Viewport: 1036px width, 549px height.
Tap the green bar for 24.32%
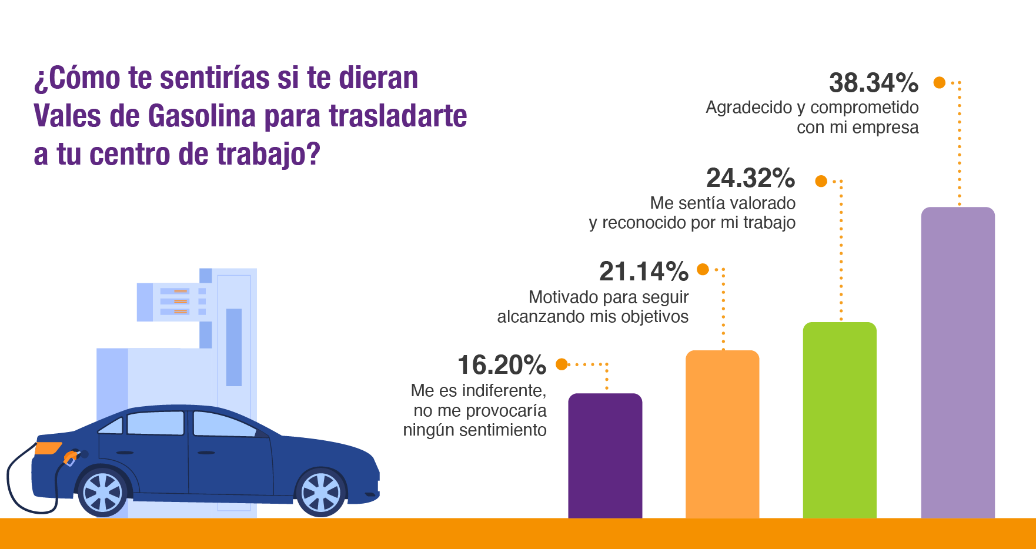tap(840, 420)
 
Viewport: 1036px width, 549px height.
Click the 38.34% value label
tap(873, 83)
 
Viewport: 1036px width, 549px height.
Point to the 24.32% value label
tap(750, 178)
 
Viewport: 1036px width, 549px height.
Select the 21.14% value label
tap(643, 272)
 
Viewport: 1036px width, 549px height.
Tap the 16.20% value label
tap(502, 365)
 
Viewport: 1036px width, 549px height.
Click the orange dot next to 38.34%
tap(940, 83)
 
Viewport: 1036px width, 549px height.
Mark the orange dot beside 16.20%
tap(562, 364)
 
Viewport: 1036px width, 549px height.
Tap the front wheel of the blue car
tap(321, 492)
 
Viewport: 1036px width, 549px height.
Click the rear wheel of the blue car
tap(103, 493)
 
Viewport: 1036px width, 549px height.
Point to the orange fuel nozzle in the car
tap(71, 457)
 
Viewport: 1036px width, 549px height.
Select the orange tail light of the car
tap(48, 448)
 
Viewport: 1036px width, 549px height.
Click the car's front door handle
tap(206, 453)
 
